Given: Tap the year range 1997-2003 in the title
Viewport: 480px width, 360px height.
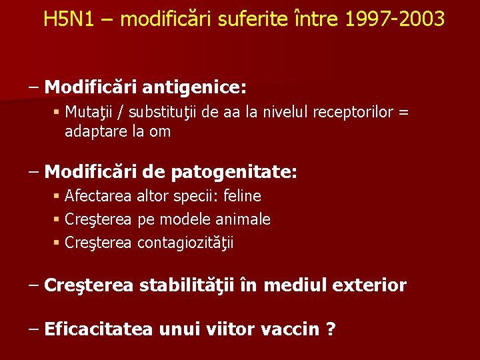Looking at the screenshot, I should click(x=395, y=19).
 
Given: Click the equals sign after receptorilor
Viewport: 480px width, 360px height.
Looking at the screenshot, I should click(x=403, y=112).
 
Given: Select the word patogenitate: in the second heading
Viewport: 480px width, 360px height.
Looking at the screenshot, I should click(x=234, y=173).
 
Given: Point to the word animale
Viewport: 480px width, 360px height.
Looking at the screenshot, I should click(x=245, y=219).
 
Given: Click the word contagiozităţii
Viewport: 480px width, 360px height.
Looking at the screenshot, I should click(x=186, y=243).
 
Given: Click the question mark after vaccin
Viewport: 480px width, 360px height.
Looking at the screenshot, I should click(x=331, y=329).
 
